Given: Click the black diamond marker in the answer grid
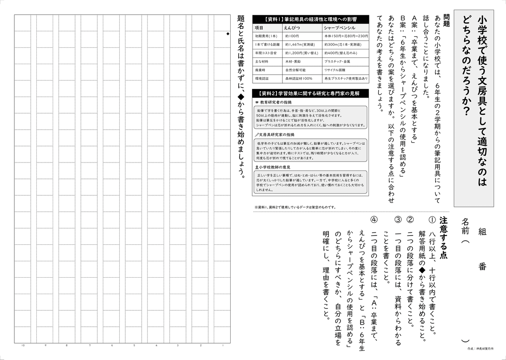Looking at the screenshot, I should pyautogui.click(x=228, y=34).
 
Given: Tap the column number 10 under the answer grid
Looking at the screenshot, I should pyautogui.click(x=23, y=346).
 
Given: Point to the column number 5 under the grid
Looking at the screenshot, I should pyautogui.click(x=134, y=346).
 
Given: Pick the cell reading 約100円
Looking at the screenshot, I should pyautogui.click(x=292, y=36).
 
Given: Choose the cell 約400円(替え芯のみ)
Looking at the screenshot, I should pyautogui.click(x=341, y=53).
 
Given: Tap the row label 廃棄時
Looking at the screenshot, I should pyautogui.click(x=260, y=70).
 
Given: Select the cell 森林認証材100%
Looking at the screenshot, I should pyautogui.click(x=299, y=78).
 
